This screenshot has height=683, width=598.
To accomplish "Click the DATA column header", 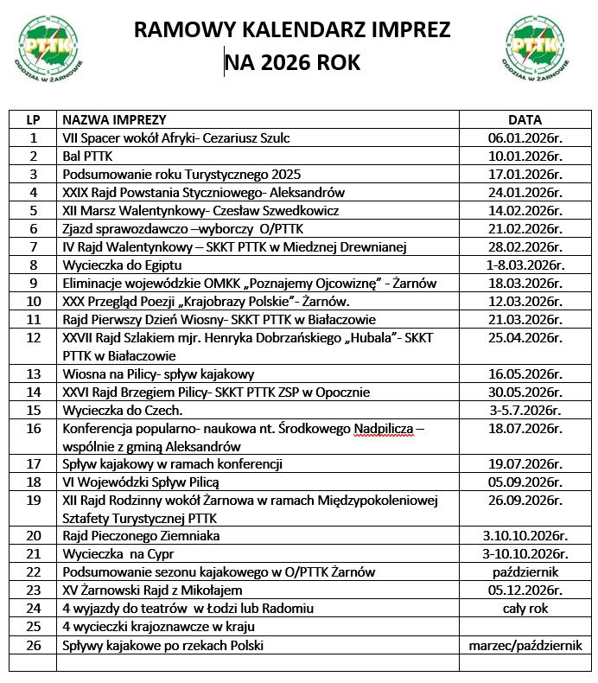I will click(x=525, y=120).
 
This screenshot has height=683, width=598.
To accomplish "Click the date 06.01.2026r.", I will click(x=525, y=138).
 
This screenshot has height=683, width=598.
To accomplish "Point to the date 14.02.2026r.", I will click(x=525, y=210).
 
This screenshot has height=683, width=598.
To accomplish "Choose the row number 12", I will click(x=35, y=337).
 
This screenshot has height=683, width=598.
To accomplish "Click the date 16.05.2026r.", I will click(x=525, y=373).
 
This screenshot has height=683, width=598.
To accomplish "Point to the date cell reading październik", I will click(x=525, y=572).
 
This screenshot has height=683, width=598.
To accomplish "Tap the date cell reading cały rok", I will click(x=525, y=608).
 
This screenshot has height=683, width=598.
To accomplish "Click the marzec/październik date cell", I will click(x=525, y=644).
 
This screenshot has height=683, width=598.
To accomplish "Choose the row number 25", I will click(x=35, y=626).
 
